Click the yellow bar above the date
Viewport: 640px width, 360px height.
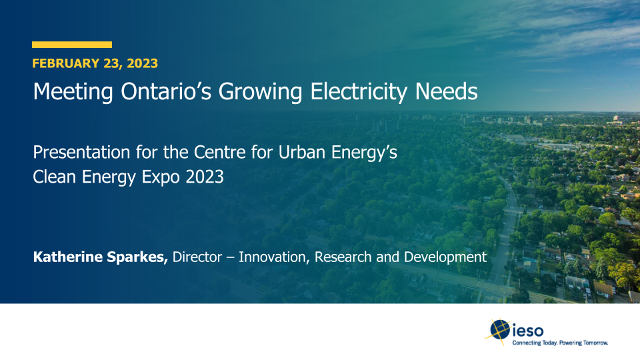coord(72,45)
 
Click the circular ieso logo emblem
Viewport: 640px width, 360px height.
coord(499,329)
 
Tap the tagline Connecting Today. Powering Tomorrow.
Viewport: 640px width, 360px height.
coord(560,343)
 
